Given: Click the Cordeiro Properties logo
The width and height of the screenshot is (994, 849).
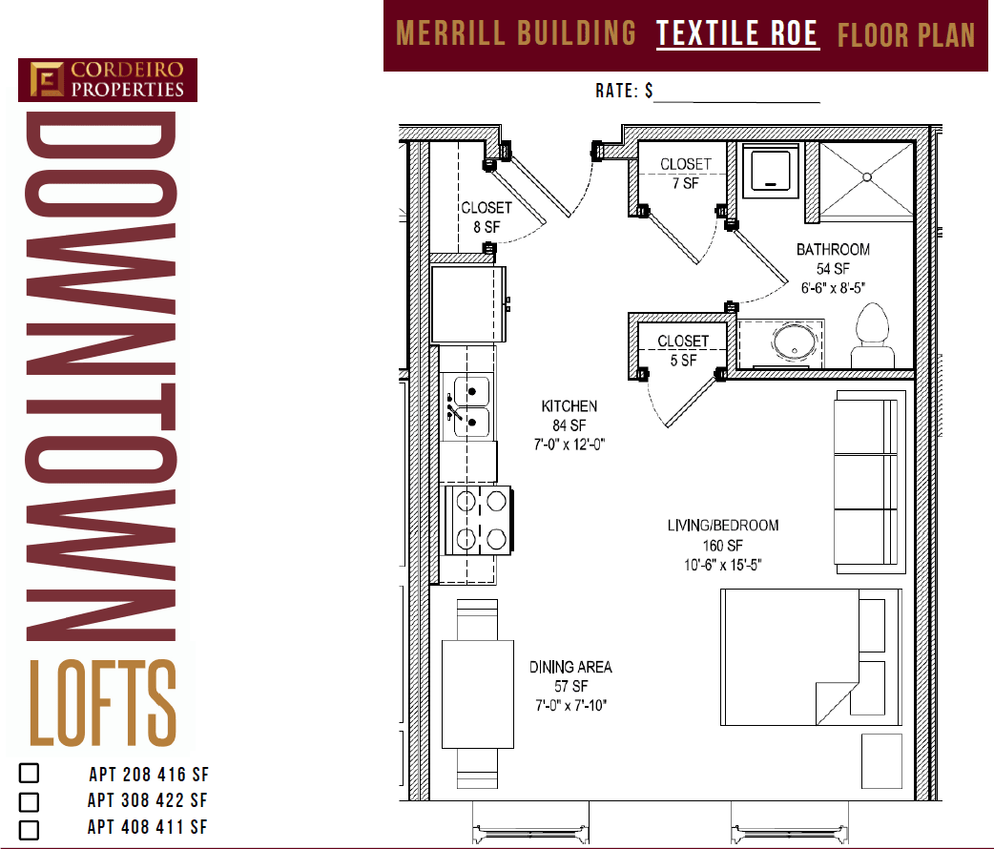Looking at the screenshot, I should tap(107, 80).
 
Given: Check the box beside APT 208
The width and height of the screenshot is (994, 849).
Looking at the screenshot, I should tap(30, 774).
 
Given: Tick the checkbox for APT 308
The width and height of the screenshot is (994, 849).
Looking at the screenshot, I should tap(30, 801).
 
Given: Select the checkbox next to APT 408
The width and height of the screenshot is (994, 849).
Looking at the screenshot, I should tap(30, 829).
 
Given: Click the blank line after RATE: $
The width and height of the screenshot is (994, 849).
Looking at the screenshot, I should tap(736, 93).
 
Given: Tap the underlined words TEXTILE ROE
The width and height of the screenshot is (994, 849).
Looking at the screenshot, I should tap(737, 34).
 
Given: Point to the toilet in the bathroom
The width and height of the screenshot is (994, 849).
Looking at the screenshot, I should tap(873, 336).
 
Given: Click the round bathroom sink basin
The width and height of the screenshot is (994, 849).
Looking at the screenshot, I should tap(792, 344).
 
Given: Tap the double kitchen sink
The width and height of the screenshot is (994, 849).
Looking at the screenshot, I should tap(470, 406).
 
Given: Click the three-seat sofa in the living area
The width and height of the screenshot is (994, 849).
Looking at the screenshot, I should tap(866, 482).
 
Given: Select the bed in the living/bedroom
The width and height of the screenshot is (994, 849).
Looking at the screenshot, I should tap(810, 655).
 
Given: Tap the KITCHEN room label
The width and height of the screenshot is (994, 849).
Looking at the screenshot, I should tap(569, 407).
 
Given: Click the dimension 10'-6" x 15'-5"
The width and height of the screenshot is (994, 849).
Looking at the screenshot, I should tap(721, 565).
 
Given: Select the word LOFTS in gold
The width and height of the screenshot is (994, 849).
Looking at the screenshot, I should tap(103, 704).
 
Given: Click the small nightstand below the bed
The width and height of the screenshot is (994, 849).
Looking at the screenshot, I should tap(881, 760).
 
